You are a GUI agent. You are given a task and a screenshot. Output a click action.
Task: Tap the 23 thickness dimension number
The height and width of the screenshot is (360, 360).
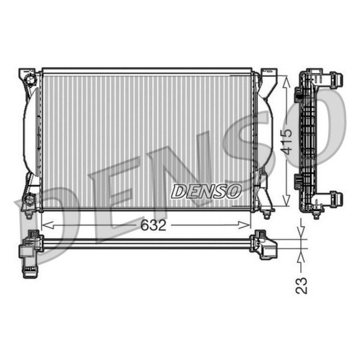pos(302,284)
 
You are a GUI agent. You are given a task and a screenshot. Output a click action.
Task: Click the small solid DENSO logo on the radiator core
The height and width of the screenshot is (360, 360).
pos(206,191)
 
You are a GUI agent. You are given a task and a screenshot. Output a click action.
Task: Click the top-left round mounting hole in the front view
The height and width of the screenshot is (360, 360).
pos(30,80)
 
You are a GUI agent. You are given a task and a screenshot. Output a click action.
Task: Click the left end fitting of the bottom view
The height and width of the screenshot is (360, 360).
pos(30,252)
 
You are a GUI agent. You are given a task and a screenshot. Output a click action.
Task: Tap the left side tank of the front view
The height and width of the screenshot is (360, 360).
pos(31,134)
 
